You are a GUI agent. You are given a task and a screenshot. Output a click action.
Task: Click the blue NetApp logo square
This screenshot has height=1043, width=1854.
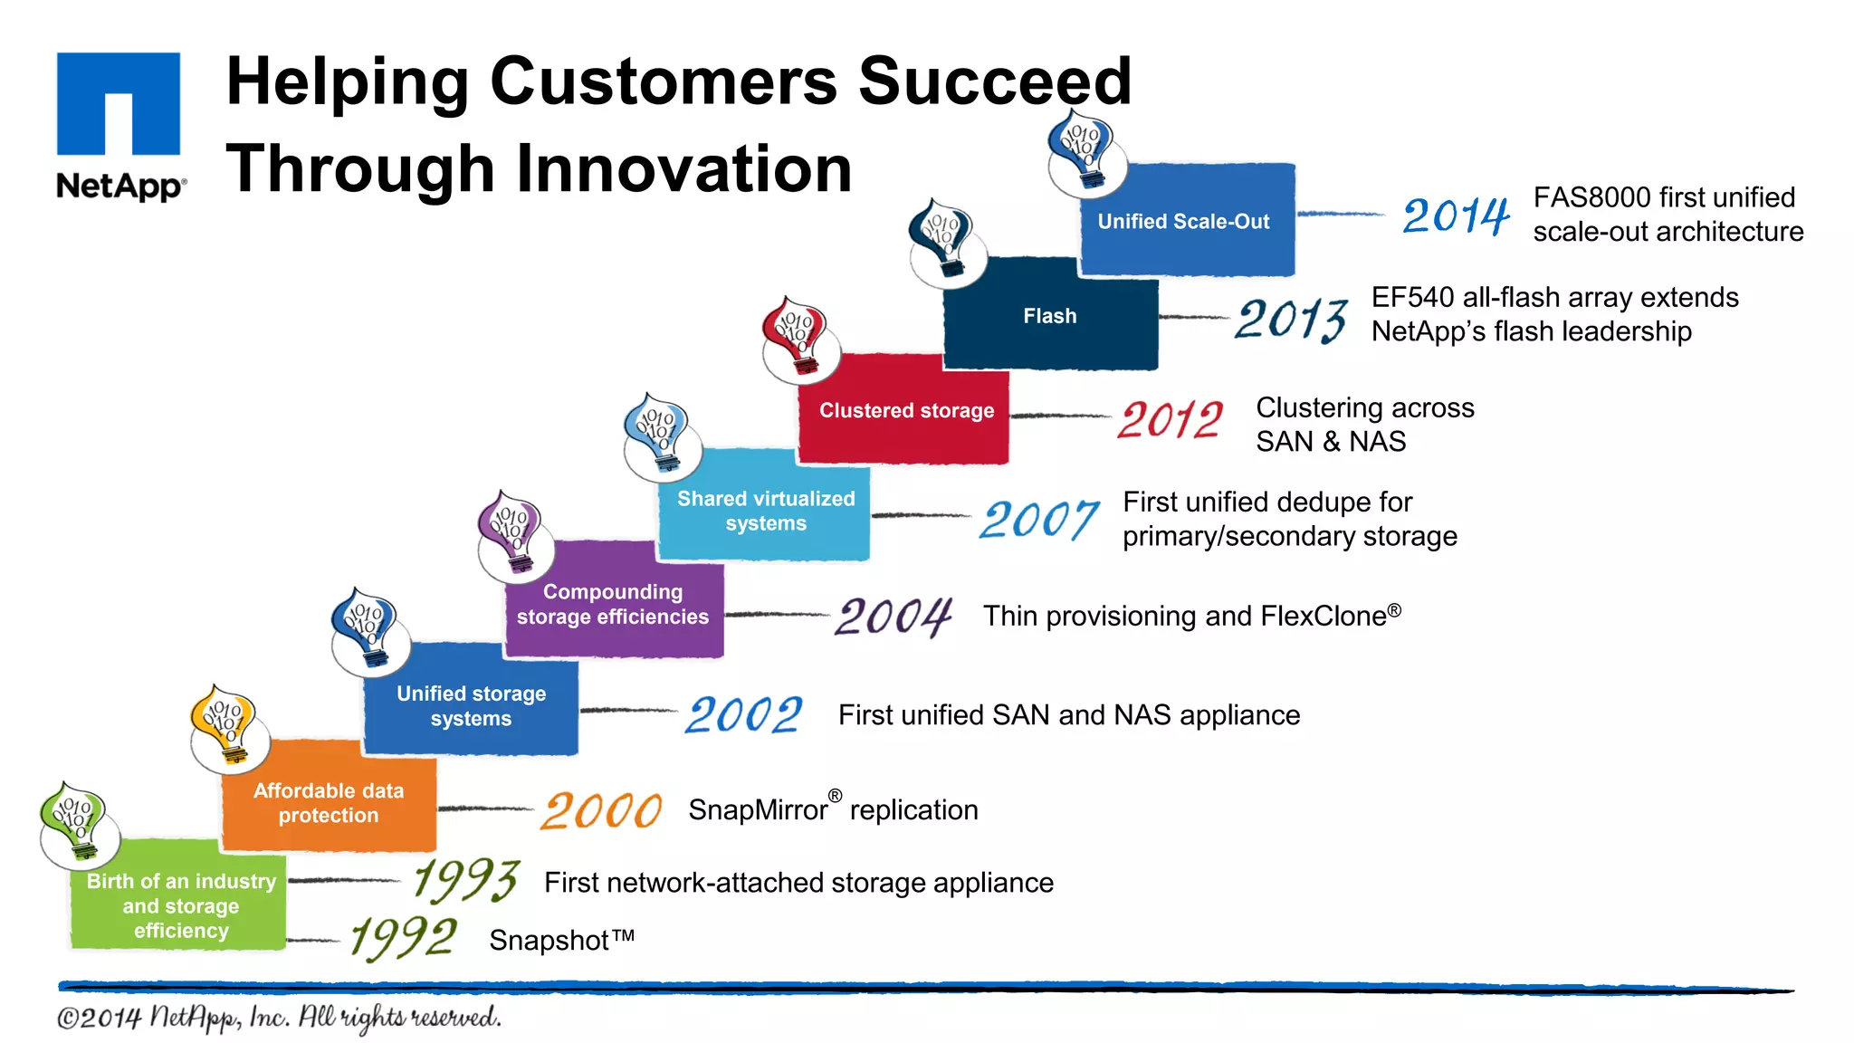point(119,103)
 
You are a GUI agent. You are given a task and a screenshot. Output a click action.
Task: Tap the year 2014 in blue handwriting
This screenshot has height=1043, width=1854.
point(1455,215)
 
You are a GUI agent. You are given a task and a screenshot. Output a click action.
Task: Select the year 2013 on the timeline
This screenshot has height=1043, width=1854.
point(1290,320)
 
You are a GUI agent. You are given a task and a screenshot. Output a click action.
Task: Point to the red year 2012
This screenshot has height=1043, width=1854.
point(1170,420)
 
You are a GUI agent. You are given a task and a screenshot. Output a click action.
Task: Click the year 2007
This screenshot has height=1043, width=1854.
point(1038,520)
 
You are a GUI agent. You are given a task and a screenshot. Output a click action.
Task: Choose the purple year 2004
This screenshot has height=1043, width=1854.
point(893,617)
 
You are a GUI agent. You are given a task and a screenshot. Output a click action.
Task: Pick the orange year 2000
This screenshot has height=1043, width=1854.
point(601,810)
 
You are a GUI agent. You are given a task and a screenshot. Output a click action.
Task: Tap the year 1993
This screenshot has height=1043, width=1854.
point(465,879)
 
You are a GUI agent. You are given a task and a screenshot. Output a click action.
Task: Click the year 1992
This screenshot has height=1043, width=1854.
point(404,938)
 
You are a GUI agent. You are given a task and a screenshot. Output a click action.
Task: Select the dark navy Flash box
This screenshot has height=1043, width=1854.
point(1050,316)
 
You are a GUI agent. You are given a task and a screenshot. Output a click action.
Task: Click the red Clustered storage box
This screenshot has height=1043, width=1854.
point(905,410)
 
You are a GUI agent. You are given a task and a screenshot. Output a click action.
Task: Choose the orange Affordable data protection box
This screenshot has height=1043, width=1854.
point(329,802)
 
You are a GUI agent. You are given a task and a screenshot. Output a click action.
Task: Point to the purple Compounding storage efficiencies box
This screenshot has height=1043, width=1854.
point(613,604)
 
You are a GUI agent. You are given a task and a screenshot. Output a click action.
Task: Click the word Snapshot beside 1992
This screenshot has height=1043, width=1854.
point(549,941)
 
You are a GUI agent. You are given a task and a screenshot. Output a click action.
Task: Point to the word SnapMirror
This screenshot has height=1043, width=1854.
point(758,809)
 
